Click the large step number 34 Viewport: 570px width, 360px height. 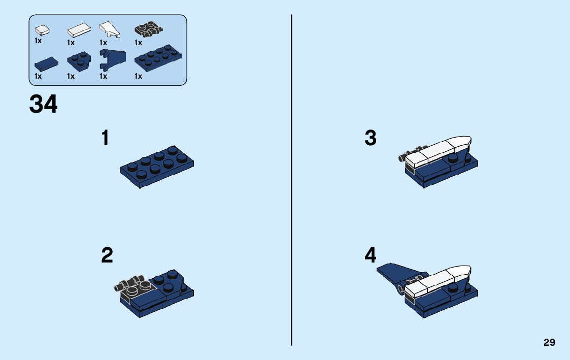[44, 105]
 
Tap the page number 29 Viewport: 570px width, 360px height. [549, 343]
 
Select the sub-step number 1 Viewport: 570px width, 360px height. [105, 138]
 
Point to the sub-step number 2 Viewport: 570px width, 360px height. [107, 255]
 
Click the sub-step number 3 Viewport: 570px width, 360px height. [371, 138]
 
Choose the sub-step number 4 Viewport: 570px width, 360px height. [371, 255]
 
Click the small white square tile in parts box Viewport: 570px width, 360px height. [42, 29]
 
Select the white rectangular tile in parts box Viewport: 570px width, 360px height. [78, 30]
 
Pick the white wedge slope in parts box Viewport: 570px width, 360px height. [110, 29]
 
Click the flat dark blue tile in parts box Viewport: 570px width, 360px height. [46, 63]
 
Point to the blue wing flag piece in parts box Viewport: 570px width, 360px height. [112, 61]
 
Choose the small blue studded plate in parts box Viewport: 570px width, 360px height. [78, 61]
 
